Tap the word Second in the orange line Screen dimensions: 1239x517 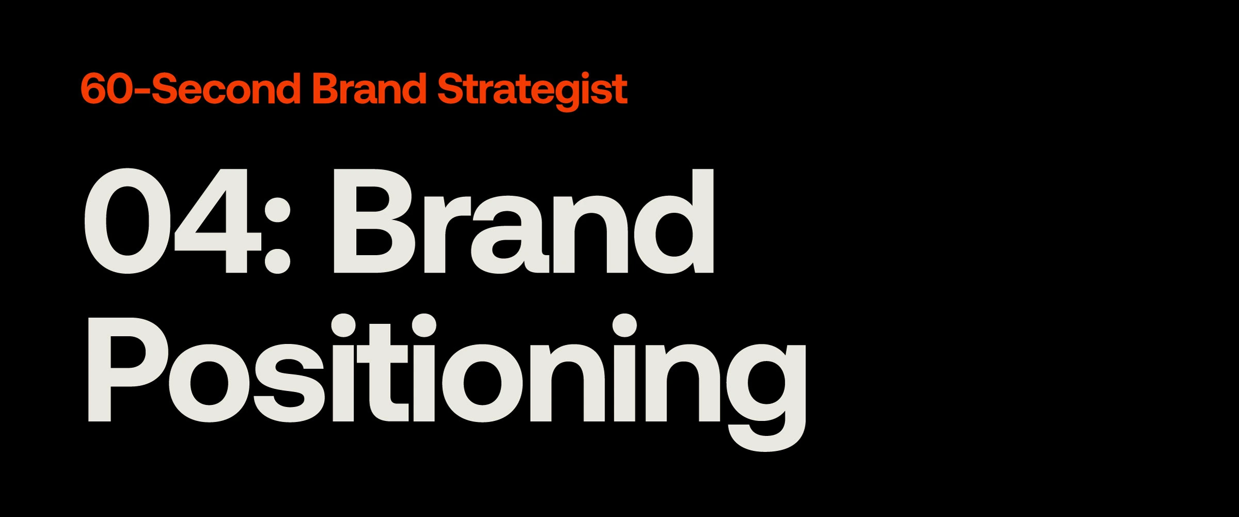pos(226,88)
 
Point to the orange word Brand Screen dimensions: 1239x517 pos(369,88)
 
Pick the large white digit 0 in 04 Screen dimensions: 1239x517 pos(128,221)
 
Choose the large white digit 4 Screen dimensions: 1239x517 pos(217,221)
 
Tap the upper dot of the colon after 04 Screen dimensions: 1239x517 pos(277,209)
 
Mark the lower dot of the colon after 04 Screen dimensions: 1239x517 pos(277,260)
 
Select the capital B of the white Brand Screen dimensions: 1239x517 pos(375,221)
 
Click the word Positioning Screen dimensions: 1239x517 pos(447,382)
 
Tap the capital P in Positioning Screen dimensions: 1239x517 pos(127,370)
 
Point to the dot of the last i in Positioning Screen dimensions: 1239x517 pos(624,325)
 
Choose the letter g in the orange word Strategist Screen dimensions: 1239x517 pos(566,96)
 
